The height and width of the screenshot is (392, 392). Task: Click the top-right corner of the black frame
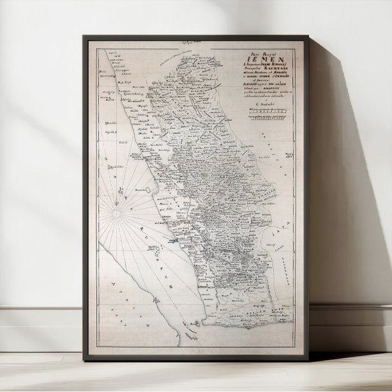(x=307, y=36)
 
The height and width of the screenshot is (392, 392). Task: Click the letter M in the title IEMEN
(x=254, y=64)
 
